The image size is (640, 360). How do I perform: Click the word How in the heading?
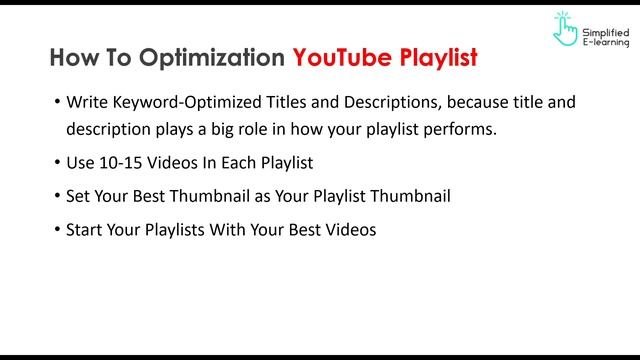tap(73, 57)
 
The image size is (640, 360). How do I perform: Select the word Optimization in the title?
tap(211, 57)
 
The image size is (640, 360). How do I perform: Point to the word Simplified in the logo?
tap(606, 23)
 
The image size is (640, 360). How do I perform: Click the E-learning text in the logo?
tap(606, 42)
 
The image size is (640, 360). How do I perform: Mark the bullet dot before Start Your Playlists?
tap(56, 230)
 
